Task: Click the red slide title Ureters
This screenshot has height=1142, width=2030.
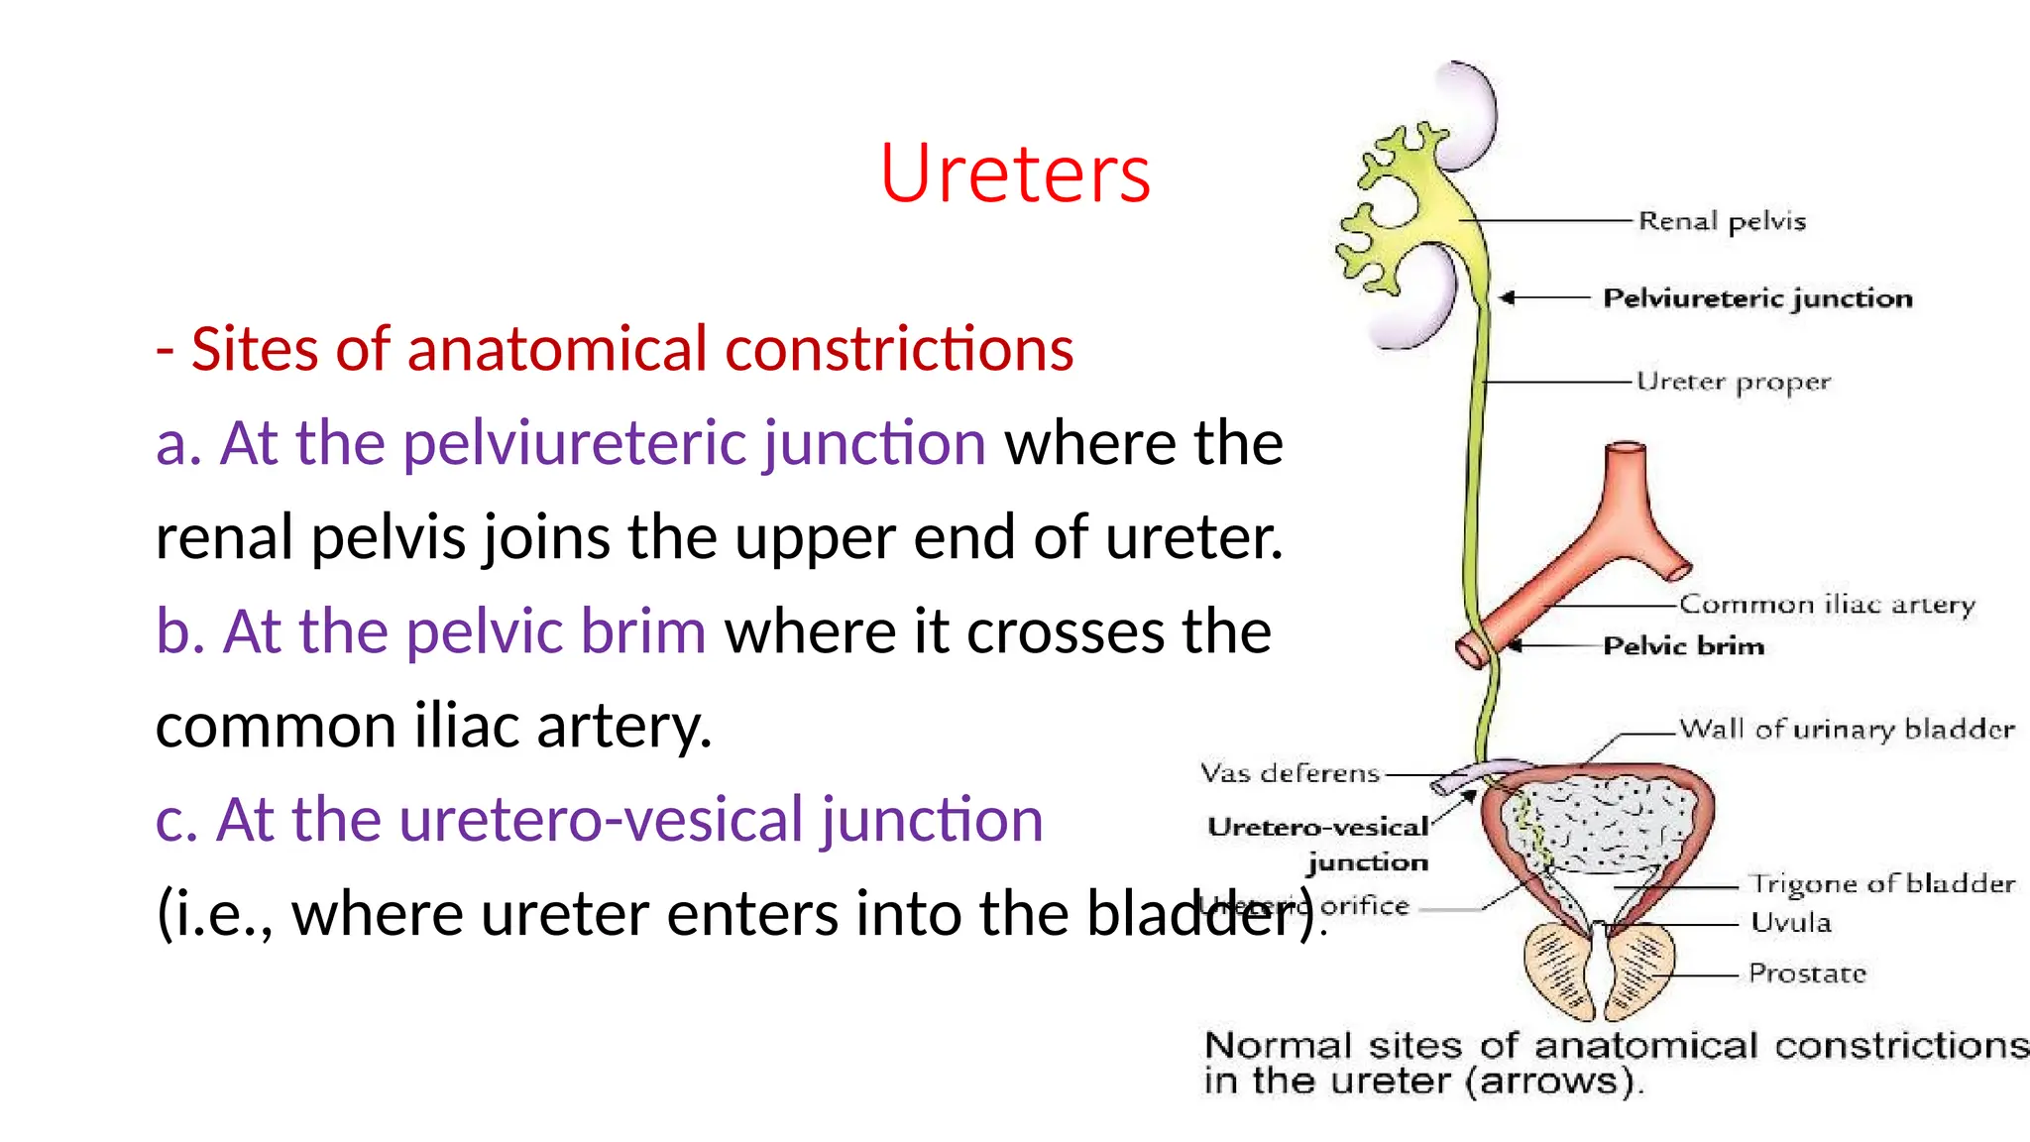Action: pyautogui.click(x=1014, y=173)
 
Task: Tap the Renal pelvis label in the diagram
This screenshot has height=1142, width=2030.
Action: pyautogui.click(x=1722, y=221)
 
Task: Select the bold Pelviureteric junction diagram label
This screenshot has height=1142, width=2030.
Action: pyautogui.click(x=1757, y=298)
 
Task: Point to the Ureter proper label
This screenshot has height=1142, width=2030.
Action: pyautogui.click(x=1733, y=383)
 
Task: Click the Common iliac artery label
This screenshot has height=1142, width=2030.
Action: pyautogui.click(x=1827, y=605)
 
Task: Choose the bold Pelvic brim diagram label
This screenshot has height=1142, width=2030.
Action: pyautogui.click(x=1684, y=646)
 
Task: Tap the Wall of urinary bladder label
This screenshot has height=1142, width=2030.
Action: pyautogui.click(x=1847, y=730)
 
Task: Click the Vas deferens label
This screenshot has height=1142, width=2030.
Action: pyautogui.click(x=1290, y=773)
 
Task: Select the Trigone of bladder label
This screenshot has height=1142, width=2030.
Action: pyautogui.click(x=1881, y=883)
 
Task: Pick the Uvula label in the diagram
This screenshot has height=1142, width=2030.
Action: pyautogui.click(x=1790, y=923)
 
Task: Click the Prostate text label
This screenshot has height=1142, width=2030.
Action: pyautogui.click(x=1807, y=973)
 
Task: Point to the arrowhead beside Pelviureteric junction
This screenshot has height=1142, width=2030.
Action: pyautogui.click(x=1508, y=297)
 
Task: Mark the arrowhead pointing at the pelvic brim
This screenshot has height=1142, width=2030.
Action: pyautogui.click(x=1514, y=646)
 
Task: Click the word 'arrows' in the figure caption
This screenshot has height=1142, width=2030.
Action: pyautogui.click(x=1549, y=1081)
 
